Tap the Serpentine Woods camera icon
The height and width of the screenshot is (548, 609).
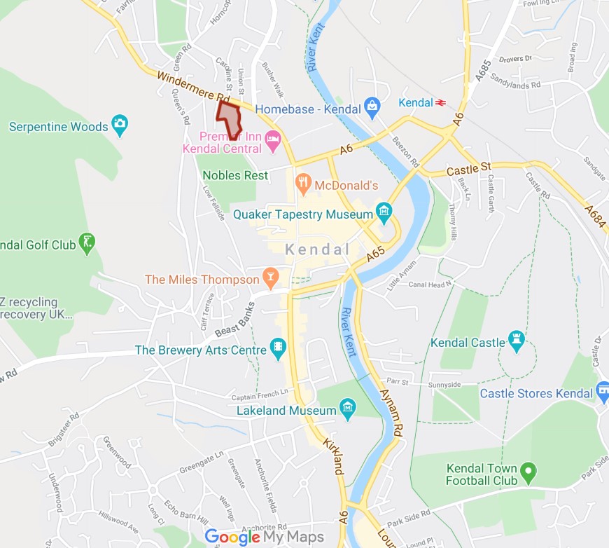120,125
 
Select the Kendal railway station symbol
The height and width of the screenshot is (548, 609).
441,102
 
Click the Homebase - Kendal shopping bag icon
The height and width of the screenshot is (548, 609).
372,107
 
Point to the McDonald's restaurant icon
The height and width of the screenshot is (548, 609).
303,184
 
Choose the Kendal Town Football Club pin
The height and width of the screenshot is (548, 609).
528,472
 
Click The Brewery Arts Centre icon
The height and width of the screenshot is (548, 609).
278,348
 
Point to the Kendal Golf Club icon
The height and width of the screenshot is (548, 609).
87,243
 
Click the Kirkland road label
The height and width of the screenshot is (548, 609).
332,457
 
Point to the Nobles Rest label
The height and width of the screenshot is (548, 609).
235,175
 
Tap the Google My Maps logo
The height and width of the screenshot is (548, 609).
265,537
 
